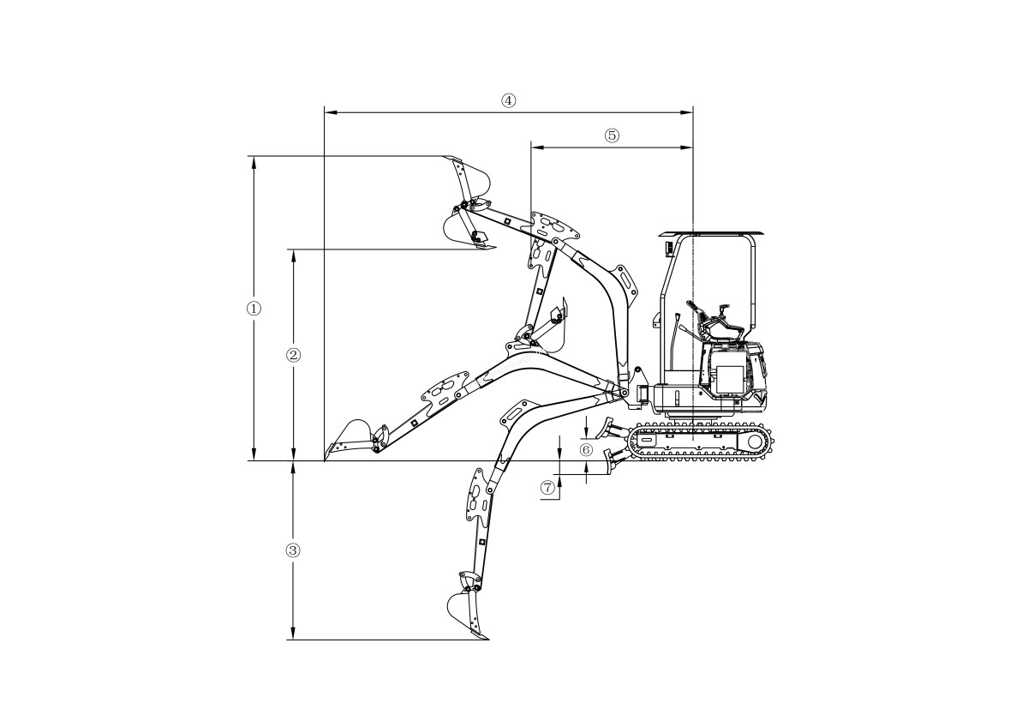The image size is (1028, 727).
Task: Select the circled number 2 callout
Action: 293,355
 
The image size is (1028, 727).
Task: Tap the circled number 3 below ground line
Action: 293,550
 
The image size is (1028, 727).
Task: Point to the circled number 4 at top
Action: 508,100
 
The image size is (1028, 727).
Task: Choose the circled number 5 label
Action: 612,135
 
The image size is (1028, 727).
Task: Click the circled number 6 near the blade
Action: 586,449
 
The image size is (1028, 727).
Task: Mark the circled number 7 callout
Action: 548,488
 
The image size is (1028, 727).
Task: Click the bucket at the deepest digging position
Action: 465,614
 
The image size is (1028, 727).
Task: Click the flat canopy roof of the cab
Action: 710,233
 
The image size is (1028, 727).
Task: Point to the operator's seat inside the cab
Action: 724,330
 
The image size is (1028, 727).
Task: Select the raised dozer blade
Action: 612,427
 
